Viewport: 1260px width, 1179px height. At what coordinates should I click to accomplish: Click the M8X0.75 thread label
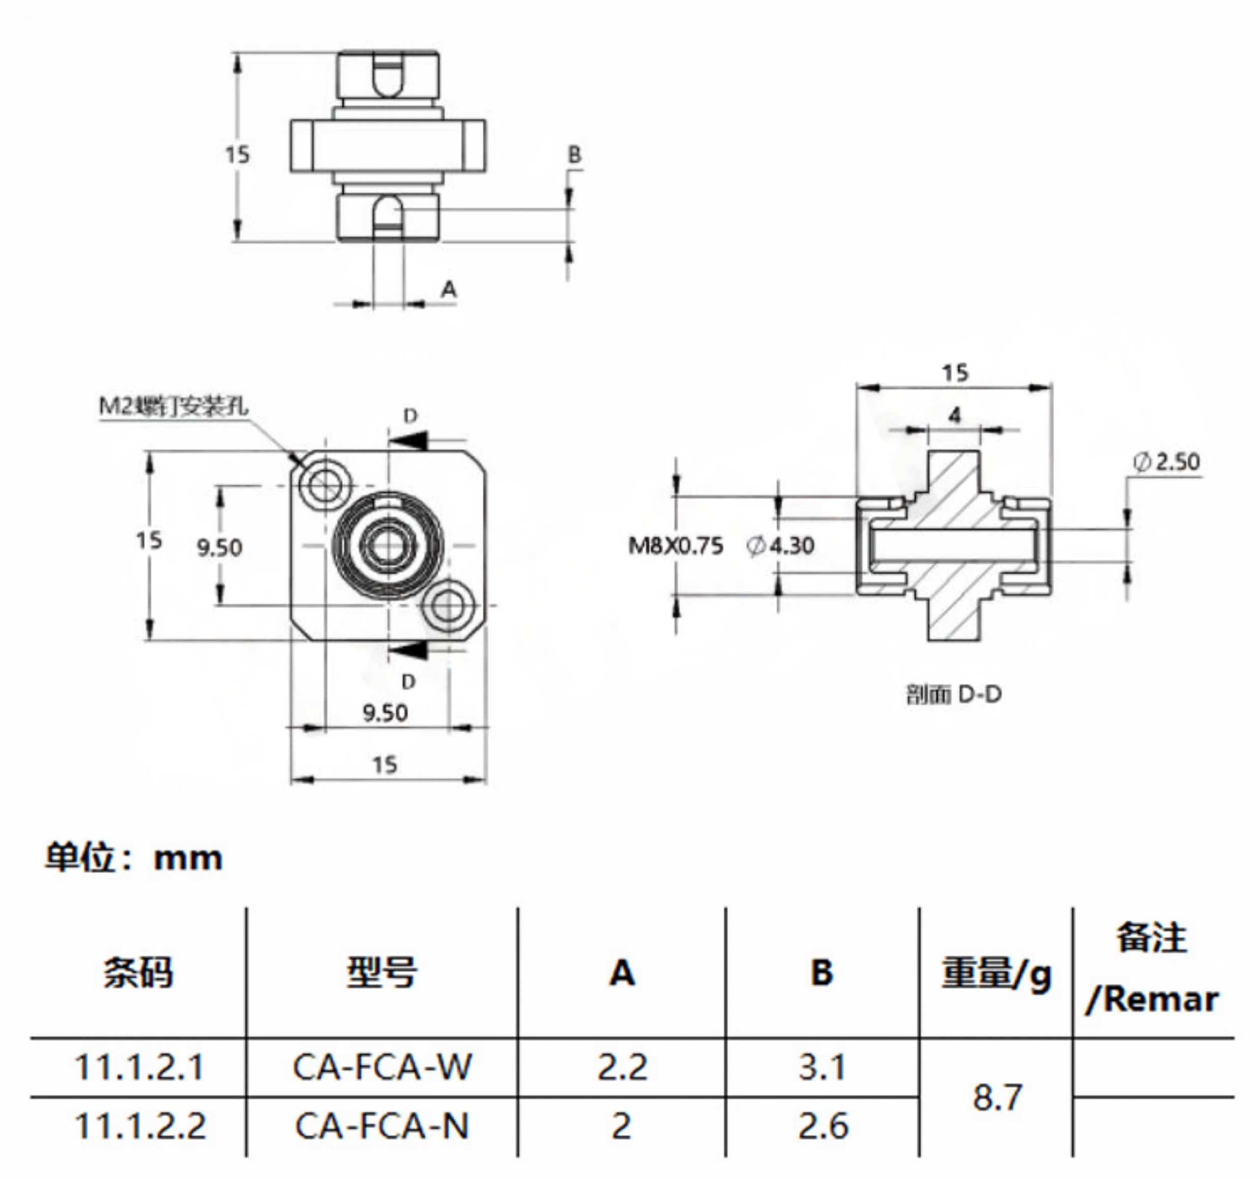[675, 546]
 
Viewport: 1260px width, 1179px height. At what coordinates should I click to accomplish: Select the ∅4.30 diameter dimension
[780, 546]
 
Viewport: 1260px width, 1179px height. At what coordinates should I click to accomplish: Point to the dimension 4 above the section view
[955, 416]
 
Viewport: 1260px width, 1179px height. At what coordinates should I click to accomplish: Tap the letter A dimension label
[449, 290]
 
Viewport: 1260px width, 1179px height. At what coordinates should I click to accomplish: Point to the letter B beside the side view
[574, 154]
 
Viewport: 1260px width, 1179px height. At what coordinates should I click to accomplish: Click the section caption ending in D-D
[954, 695]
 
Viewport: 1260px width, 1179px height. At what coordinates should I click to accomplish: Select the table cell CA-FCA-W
[382, 1067]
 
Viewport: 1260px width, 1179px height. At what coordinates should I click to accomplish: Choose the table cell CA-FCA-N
[382, 1126]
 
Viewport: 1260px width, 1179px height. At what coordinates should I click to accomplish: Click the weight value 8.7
[997, 1097]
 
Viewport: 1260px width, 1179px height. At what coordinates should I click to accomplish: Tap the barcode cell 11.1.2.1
[139, 1067]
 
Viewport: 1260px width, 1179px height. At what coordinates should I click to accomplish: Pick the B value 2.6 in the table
[823, 1126]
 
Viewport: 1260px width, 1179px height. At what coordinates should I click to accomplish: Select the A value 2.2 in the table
[622, 1067]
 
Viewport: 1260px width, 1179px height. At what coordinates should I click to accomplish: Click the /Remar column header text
[1152, 1000]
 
